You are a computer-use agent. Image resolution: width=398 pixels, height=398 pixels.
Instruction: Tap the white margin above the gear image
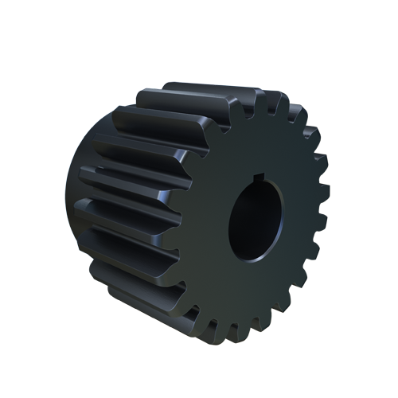(x=199, y=40)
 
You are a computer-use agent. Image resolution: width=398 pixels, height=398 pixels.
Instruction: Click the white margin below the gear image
(x=199, y=370)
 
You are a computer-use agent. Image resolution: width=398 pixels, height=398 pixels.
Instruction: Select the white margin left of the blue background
(x=32, y=199)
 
